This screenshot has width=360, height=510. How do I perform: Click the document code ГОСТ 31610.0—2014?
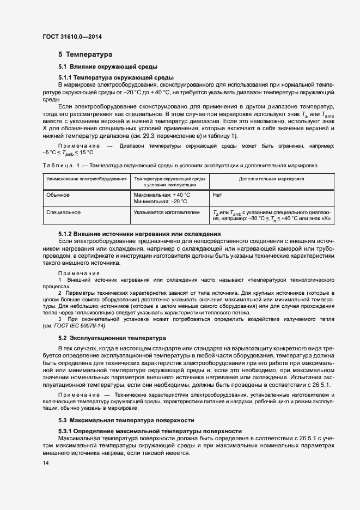click(72, 37)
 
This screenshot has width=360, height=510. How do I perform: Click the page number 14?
click(45, 463)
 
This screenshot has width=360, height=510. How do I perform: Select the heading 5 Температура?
click(85, 54)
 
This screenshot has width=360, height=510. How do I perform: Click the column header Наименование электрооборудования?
click(86, 179)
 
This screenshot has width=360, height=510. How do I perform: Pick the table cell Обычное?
click(58, 195)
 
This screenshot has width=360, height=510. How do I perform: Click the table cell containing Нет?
click(217, 195)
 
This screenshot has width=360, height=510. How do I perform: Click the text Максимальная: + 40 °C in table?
click(162, 195)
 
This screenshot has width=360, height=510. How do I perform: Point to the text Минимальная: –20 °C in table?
click(160, 202)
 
